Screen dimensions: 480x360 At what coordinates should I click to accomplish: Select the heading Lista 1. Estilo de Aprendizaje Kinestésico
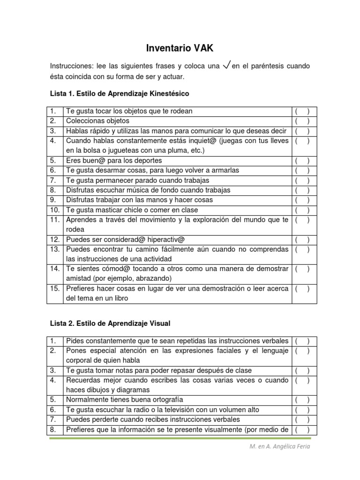119,93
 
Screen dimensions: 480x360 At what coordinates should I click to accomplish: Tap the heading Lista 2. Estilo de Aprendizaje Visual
110,323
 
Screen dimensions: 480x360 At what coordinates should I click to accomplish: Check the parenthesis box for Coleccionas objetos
302,121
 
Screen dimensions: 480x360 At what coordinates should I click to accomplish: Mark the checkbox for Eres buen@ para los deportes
302,160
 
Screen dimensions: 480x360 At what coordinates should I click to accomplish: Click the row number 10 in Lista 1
55,210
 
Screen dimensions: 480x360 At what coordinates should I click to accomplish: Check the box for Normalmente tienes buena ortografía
302,400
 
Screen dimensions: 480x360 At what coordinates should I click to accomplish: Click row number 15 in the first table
55,289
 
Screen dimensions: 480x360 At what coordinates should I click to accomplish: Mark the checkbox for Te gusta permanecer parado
302,180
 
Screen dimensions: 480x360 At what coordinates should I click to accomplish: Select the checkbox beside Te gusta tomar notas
302,370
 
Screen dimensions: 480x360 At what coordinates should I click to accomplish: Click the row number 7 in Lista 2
53,420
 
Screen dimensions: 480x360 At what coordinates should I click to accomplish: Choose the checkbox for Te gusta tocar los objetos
302,111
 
